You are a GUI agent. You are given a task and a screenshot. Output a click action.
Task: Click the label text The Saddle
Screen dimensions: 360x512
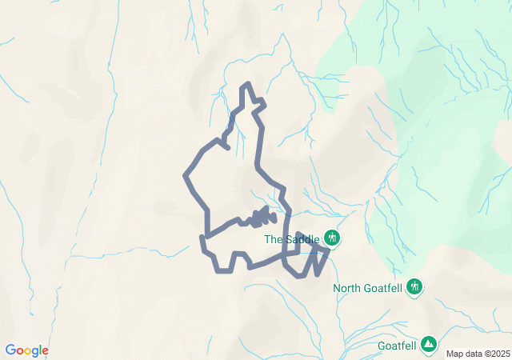[292, 238]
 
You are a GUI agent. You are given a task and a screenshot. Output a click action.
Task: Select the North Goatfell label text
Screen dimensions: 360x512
[368, 288]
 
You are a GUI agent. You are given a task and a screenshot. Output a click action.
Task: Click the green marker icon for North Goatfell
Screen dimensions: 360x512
[414, 286]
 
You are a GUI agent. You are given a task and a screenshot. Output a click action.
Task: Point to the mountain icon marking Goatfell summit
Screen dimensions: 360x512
[430, 344]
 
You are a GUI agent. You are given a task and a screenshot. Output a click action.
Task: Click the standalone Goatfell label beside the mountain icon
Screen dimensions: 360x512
[397, 346]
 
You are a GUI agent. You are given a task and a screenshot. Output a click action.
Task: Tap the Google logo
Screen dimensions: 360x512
[26, 350]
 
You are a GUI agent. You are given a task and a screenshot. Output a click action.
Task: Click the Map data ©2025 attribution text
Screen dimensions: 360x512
[477, 354]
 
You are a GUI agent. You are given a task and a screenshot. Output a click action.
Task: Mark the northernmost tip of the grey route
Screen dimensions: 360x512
[248, 84]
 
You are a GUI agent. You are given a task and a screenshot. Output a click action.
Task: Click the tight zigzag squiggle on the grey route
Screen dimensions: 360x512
[262, 216]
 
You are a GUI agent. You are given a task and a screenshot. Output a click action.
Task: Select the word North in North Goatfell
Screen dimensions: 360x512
[346, 288]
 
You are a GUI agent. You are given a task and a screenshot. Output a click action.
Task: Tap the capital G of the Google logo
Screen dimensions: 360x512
[10, 350]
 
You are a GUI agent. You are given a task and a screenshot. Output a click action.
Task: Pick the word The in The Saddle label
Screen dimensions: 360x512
[273, 238]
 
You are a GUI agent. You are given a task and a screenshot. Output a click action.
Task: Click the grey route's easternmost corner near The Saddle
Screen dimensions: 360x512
[328, 251]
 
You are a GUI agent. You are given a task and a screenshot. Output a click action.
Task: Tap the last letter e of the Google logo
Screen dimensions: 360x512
[45, 351]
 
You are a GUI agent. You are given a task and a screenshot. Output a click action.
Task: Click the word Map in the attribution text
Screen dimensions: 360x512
[454, 354]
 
